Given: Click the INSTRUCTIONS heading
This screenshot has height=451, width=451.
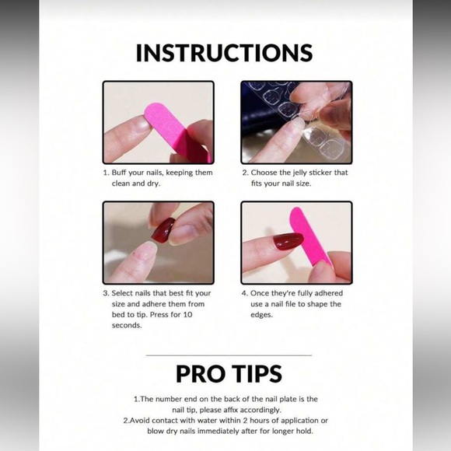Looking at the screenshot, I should point(225,52).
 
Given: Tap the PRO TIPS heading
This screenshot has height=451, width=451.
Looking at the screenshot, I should point(229,373).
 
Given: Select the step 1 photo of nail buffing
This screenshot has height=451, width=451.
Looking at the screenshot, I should point(159,121).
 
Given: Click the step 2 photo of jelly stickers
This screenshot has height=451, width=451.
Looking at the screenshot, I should point(296,121).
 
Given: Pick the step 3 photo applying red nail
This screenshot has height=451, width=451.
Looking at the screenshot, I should point(159,243).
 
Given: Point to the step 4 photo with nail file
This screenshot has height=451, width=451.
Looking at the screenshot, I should point(296,243).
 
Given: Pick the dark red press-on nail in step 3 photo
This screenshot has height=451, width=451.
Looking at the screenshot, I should point(163,230).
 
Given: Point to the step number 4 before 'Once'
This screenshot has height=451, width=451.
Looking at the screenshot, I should point(244,293).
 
